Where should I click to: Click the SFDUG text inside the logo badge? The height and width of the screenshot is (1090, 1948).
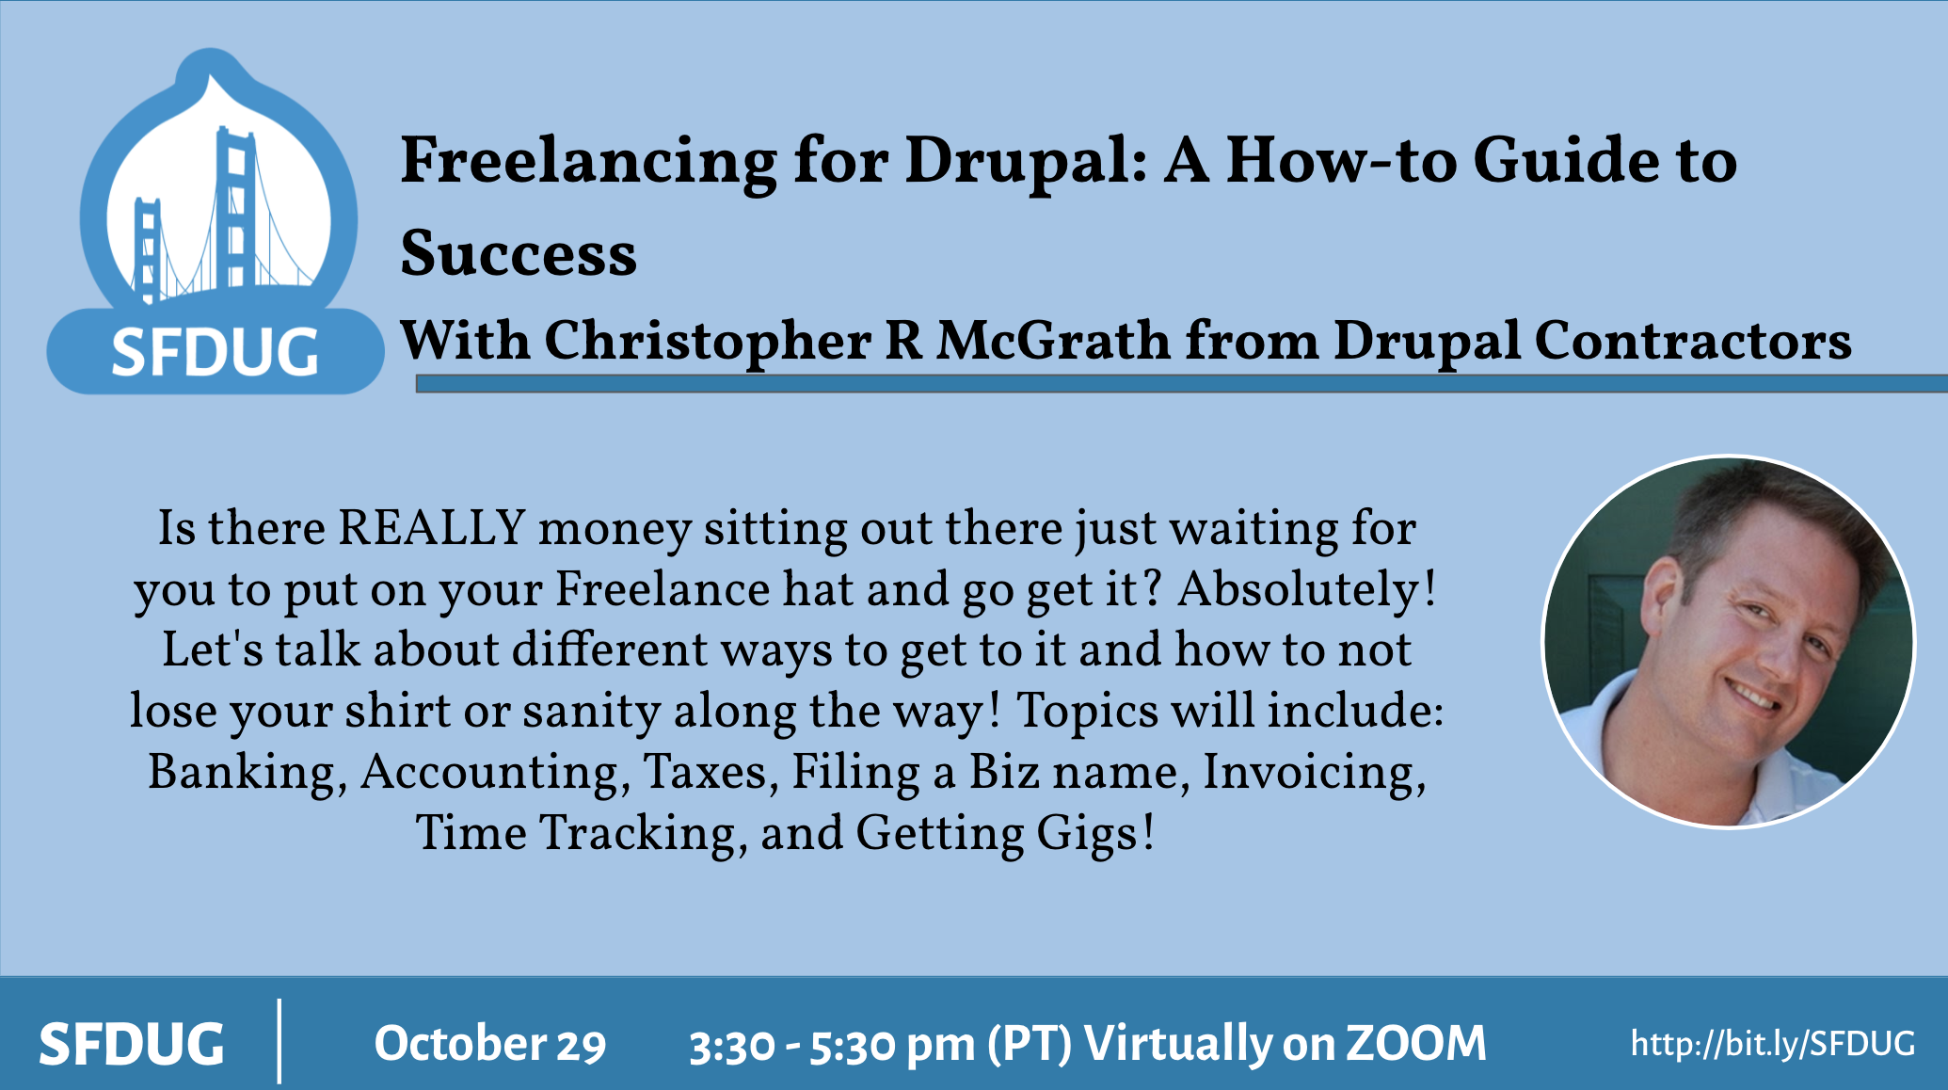click(x=215, y=352)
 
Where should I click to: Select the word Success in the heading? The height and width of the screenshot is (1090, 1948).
click(x=519, y=254)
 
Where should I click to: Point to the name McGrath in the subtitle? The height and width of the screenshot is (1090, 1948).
click(x=1053, y=340)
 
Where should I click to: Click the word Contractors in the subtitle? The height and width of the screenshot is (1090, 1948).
click(x=1693, y=340)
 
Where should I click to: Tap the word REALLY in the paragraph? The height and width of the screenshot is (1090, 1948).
click(x=432, y=527)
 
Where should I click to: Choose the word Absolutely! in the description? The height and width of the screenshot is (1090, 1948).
click(x=1307, y=590)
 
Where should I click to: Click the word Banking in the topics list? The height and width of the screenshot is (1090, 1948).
click(x=247, y=774)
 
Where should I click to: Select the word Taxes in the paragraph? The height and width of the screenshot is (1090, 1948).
click(x=711, y=773)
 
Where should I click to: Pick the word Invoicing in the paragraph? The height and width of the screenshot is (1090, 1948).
click(x=1315, y=774)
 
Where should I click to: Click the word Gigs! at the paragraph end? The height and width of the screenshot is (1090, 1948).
click(x=1095, y=835)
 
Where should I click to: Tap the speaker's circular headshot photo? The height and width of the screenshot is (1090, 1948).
click(x=1728, y=642)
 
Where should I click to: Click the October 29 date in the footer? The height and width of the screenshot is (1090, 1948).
click(x=490, y=1044)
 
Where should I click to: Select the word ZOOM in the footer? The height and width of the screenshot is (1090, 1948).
click(x=1416, y=1043)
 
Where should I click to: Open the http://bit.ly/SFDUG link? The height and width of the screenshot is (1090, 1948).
click(x=1772, y=1043)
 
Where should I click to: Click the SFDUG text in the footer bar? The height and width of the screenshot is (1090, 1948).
click(x=132, y=1044)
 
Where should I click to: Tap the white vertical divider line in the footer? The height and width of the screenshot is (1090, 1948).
click(x=279, y=1041)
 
